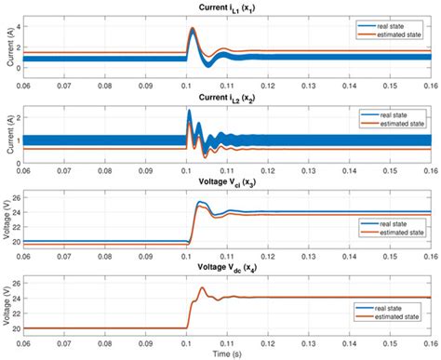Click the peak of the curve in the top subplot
[193, 29]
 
